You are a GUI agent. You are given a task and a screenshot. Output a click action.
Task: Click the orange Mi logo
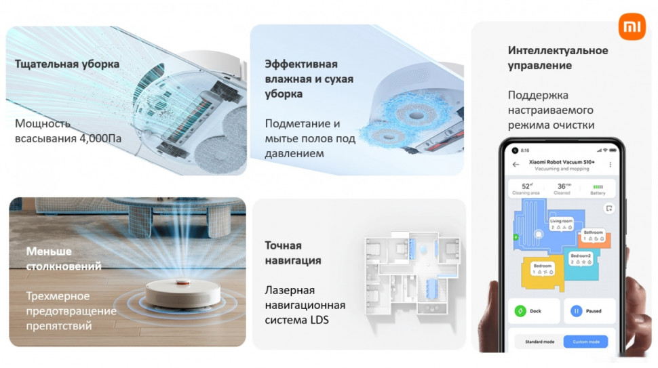click(x=632, y=26)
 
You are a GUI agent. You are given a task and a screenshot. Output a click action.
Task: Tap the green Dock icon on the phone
click(x=520, y=311)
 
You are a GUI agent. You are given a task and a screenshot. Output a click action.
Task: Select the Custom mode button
click(x=585, y=342)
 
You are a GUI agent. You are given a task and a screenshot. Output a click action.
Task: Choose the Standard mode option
click(x=540, y=342)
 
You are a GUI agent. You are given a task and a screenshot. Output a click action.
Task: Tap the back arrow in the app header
click(x=516, y=164)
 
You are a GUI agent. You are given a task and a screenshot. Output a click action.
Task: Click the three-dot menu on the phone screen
click(x=610, y=164)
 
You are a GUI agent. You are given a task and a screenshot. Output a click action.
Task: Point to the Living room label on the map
click(x=560, y=221)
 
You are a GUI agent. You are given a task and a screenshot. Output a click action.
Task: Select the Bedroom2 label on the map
click(x=581, y=255)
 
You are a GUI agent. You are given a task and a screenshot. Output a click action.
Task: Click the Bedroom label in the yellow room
click(x=542, y=266)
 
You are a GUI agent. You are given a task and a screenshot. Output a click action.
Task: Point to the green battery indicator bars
click(x=598, y=186)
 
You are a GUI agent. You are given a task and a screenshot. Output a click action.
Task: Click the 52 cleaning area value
click(x=526, y=186)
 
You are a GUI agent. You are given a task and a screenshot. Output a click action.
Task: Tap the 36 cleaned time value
click(x=562, y=186)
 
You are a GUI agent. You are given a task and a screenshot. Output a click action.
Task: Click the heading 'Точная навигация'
click(x=293, y=253)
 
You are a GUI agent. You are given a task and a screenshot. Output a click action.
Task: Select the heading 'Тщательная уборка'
click(x=67, y=64)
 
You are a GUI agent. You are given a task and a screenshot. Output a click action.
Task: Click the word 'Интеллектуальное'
click(x=558, y=51)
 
